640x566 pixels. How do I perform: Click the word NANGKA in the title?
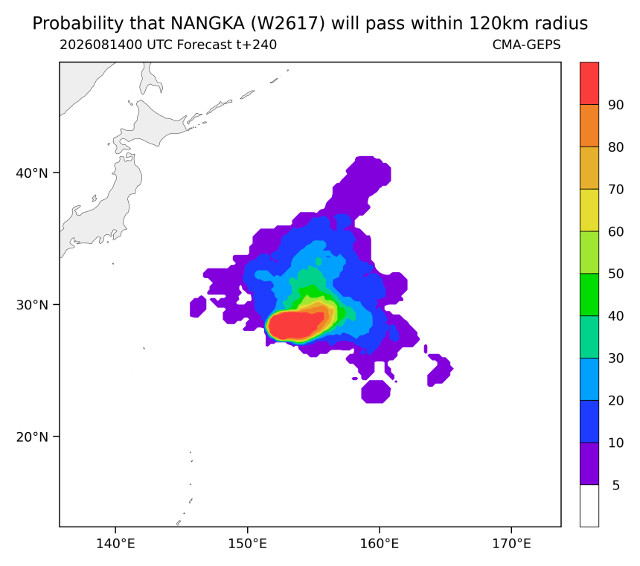click(x=208, y=24)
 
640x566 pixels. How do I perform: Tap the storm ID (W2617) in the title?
click(x=287, y=24)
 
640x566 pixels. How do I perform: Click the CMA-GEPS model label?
click(x=527, y=45)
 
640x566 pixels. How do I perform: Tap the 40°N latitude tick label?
click(x=32, y=173)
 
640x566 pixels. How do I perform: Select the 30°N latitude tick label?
click(x=32, y=305)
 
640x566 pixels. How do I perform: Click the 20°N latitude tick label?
click(x=32, y=437)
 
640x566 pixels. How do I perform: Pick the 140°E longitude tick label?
click(x=115, y=544)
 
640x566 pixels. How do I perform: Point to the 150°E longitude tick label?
click(x=247, y=544)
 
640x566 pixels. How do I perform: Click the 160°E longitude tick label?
click(x=380, y=544)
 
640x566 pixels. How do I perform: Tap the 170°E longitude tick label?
click(x=511, y=544)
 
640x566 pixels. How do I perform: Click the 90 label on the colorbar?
click(x=615, y=105)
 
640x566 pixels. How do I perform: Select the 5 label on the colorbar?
click(x=616, y=486)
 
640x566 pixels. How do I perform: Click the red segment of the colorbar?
click(x=589, y=83)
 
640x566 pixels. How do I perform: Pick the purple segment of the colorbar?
click(x=589, y=463)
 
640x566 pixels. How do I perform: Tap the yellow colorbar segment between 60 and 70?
click(x=589, y=210)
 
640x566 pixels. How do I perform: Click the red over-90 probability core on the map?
click(x=296, y=325)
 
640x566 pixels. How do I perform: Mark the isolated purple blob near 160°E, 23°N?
click(x=376, y=392)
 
